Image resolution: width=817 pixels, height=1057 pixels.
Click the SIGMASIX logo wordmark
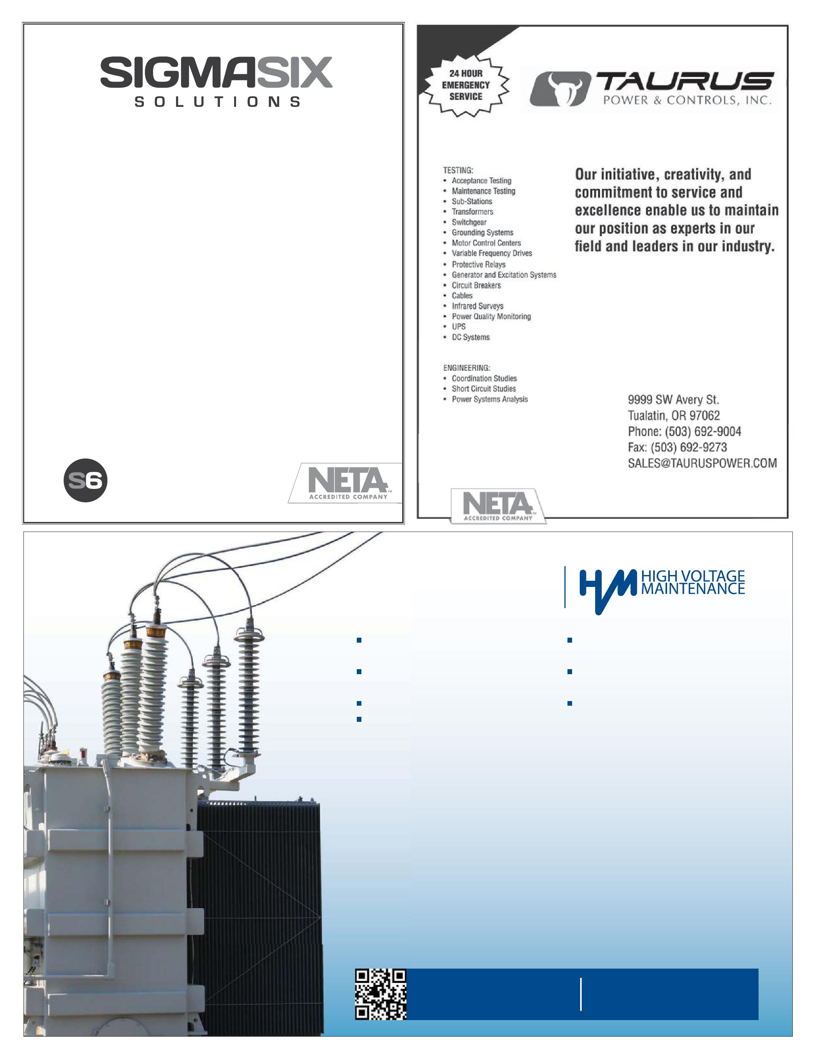point(216,73)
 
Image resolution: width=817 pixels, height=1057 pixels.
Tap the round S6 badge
point(85,480)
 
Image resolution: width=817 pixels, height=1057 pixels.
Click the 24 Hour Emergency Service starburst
point(466,85)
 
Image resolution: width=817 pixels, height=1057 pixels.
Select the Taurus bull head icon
point(561,88)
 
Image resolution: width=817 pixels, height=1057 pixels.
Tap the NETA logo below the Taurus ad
point(498,506)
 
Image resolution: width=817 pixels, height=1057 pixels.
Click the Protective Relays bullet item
point(478,264)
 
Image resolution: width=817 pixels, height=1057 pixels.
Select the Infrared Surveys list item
point(477,306)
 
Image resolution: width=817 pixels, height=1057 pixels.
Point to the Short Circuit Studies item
point(484,389)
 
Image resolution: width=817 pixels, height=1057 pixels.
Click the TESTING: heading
point(458,170)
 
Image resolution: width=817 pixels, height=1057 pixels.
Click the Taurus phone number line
point(684,431)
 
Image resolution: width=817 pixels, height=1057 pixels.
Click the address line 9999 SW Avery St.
point(673,400)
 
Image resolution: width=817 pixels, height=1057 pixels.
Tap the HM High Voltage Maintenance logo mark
point(607,590)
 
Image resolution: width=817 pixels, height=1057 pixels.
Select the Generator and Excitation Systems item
point(504,275)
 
